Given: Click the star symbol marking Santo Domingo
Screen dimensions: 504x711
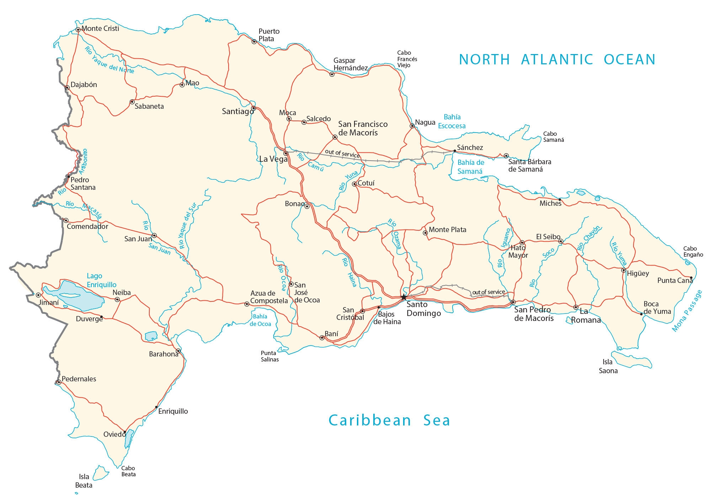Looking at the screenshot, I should click(403, 297).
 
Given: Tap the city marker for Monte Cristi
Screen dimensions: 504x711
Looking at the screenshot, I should click(78, 30).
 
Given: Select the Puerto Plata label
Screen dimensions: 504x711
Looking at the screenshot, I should click(269, 35).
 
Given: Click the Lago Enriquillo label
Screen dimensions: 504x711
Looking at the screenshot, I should click(101, 280).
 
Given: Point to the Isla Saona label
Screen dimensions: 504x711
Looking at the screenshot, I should click(608, 366).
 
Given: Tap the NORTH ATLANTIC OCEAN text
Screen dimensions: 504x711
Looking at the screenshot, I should click(557, 59).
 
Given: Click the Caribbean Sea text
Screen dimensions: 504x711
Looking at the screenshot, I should click(389, 420).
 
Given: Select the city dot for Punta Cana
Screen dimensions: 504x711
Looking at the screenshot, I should click(691, 278).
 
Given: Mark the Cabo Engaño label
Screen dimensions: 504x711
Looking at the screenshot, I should click(693, 251).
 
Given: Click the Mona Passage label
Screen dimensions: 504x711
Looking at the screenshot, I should click(687, 311).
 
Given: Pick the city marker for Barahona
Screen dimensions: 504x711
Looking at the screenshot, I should click(178, 351).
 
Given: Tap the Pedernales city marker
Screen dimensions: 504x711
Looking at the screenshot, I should click(59, 382).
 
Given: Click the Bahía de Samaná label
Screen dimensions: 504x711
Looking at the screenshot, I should click(470, 167).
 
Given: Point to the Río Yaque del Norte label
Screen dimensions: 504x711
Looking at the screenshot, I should click(109, 60).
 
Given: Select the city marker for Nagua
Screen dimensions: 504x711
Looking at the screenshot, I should click(412, 126).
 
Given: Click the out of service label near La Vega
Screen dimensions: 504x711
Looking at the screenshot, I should click(342, 153).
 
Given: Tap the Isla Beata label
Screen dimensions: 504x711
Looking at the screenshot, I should click(84, 481).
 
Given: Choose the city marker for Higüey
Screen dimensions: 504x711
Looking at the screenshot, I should click(623, 270).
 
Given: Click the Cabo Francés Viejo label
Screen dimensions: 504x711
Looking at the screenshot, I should click(407, 59).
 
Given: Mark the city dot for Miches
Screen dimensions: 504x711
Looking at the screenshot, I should click(560, 200).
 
